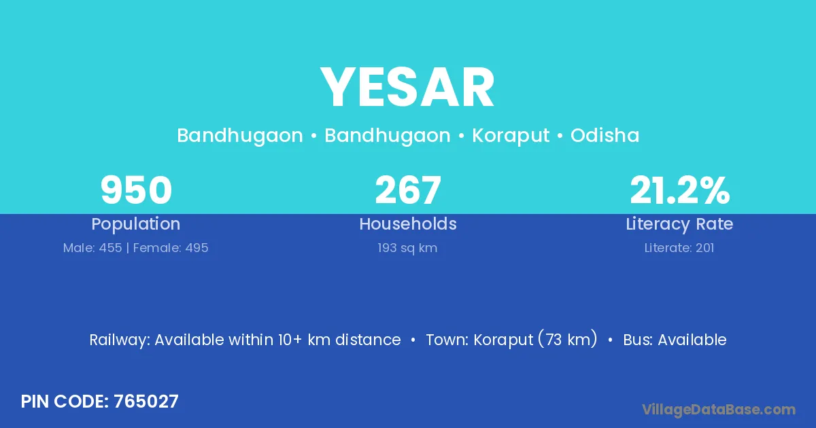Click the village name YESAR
click(x=407, y=88)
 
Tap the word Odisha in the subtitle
click(x=605, y=135)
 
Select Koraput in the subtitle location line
click(x=511, y=136)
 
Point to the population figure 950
click(x=136, y=190)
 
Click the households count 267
click(x=408, y=190)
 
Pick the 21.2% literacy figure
click(x=680, y=190)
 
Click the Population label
click(x=136, y=224)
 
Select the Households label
click(x=408, y=224)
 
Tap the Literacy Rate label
click(x=679, y=224)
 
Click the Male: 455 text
click(x=92, y=248)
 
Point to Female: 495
click(x=171, y=248)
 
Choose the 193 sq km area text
click(x=407, y=248)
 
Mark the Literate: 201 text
click(x=679, y=248)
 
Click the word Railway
click(x=120, y=340)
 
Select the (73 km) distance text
click(x=568, y=339)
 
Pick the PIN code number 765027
click(x=146, y=402)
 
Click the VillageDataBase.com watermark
click(x=719, y=410)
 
